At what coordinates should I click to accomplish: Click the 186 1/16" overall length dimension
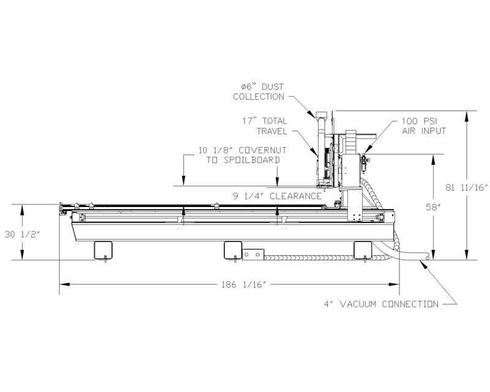tap(244, 284)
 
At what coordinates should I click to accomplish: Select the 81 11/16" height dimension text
tap(467, 187)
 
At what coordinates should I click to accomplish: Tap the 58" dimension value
tap(433, 207)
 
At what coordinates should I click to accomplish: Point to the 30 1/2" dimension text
tap(23, 234)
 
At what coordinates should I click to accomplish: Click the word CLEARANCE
tap(296, 197)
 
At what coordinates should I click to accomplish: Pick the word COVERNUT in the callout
tap(263, 150)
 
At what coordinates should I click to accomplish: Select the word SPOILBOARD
tap(252, 160)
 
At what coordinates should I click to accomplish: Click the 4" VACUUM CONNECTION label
tap(381, 304)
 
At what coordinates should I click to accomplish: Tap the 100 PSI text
tap(420, 121)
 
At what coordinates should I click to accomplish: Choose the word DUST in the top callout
tap(272, 86)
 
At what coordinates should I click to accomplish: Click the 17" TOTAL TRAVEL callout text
tap(265, 126)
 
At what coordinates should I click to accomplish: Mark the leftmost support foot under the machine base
tap(103, 251)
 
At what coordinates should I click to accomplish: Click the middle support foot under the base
tap(233, 251)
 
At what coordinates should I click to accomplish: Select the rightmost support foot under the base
tap(363, 251)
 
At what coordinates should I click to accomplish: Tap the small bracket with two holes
tap(253, 254)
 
